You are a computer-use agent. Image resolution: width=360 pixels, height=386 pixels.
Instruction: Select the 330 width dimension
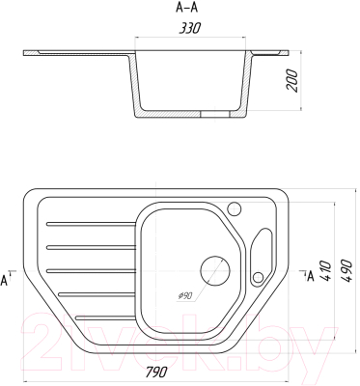coord(190,28)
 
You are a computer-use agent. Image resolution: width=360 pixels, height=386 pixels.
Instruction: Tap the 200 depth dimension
coord(292,81)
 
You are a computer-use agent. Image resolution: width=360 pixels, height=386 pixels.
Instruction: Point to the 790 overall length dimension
coord(156,372)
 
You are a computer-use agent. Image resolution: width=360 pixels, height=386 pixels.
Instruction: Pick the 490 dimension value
coord(346,270)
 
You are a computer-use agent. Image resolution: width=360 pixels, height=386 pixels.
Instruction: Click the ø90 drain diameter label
coord(184,295)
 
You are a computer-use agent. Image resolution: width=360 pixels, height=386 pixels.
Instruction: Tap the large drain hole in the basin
coord(215,270)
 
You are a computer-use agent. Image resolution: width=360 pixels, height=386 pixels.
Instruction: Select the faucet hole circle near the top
coord(235,209)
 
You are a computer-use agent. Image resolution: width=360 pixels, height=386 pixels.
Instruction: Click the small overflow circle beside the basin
coord(258,277)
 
